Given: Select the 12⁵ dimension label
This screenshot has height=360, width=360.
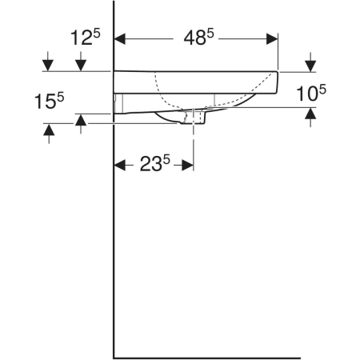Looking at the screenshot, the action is click(85, 37).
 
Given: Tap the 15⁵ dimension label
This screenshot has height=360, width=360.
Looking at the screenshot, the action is click(50, 101).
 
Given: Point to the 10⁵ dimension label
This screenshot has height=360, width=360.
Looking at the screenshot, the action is click(311, 94).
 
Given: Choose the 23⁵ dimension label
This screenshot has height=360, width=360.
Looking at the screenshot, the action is click(155, 163).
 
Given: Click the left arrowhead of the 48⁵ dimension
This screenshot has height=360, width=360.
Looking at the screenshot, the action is click(120, 39).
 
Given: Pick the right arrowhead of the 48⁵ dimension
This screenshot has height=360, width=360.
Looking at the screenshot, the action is click(272, 39).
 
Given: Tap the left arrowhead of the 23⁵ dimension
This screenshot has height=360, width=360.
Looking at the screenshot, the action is click(120, 166).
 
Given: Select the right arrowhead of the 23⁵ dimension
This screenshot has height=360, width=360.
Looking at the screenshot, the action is click(188, 166).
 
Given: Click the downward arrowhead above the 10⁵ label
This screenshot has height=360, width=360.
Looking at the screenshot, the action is click(310, 66).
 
